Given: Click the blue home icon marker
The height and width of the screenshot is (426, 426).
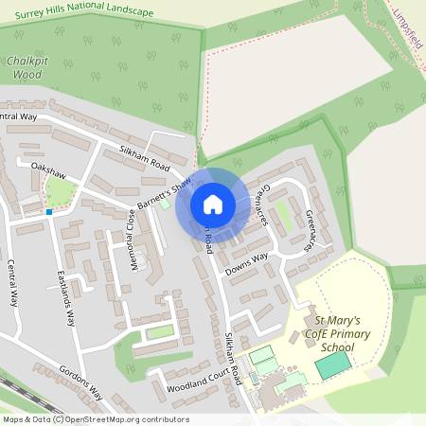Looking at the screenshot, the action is click(213, 204).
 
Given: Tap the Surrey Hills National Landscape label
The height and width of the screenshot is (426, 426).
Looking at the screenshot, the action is click(83, 12).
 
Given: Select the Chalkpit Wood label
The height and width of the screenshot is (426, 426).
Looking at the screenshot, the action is click(26, 66).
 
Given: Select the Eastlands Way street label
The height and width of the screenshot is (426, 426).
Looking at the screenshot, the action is click(65, 298).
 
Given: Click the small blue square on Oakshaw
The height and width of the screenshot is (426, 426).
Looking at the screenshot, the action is click(49, 212).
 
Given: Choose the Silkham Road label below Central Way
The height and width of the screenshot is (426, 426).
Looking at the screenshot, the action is click(144, 157).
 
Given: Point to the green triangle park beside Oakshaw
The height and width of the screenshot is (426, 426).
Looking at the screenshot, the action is click(60, 193).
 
